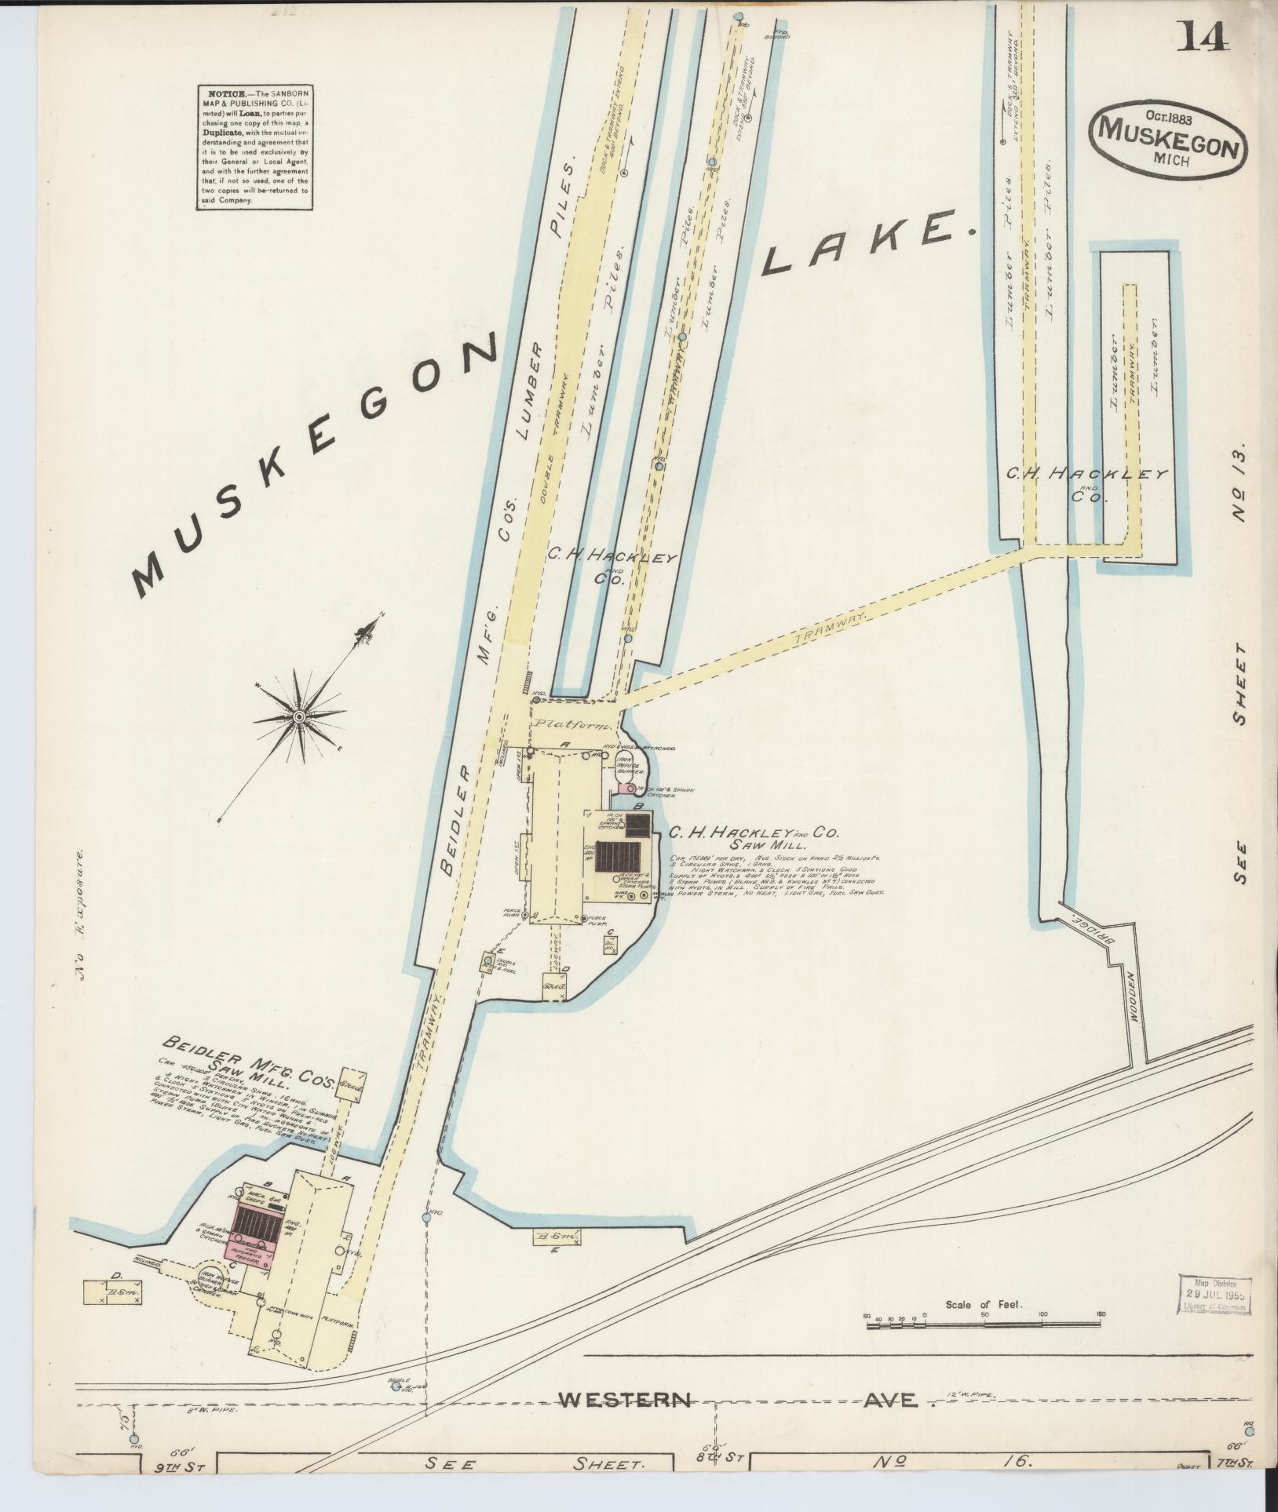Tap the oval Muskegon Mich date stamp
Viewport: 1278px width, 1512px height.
(1167, 138)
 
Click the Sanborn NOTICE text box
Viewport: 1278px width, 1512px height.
(255, 147)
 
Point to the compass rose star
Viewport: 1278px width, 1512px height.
(299, 716)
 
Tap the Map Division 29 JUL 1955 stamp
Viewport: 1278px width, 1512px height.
(1215, 1293)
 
